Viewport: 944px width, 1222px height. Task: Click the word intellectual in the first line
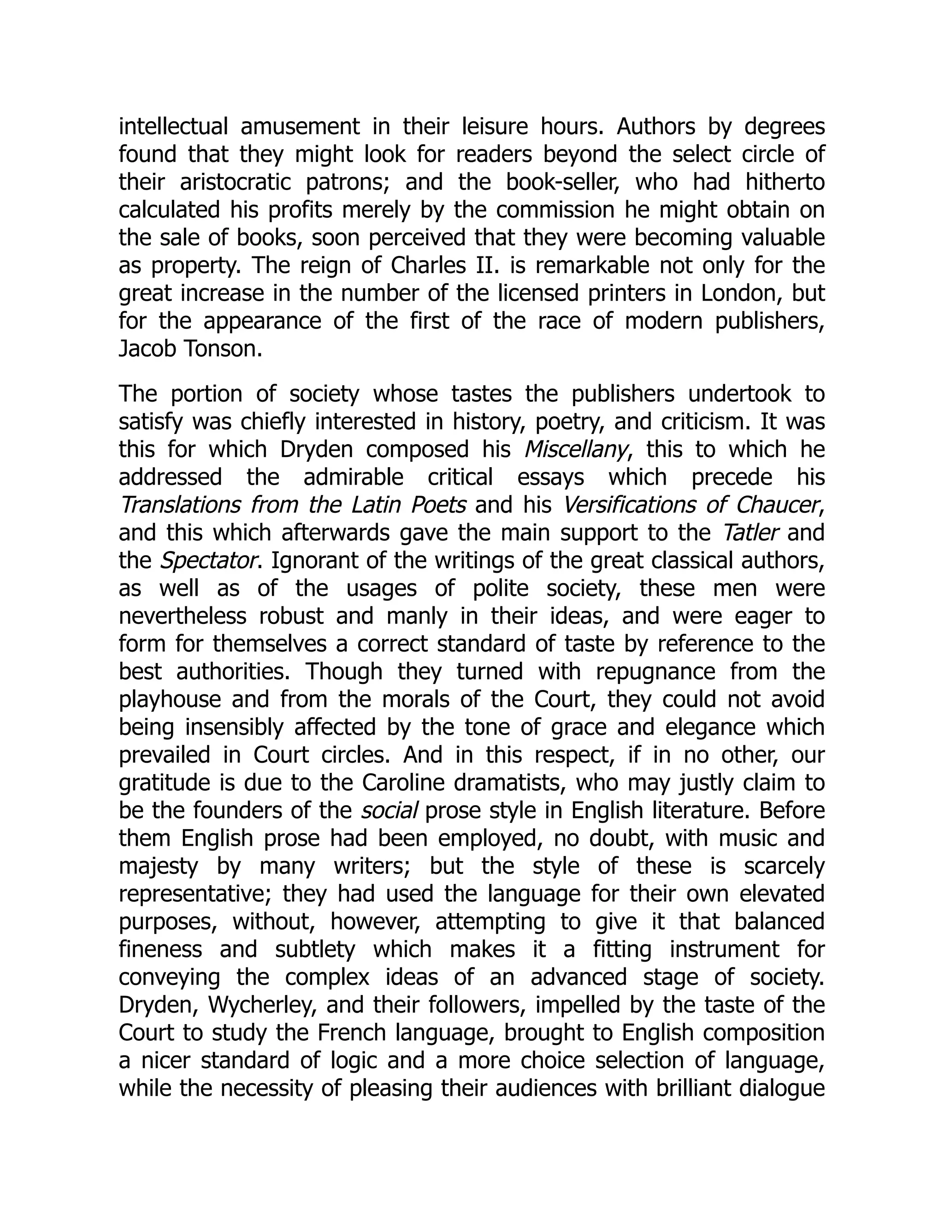tap(174, 127)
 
